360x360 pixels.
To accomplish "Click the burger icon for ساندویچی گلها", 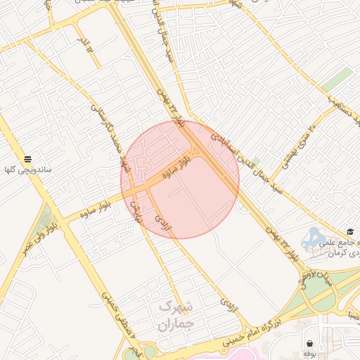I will tap(27, 159).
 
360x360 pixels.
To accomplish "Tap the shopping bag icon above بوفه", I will tap(310, 343).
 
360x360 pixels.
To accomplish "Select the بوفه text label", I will tap(310, 355).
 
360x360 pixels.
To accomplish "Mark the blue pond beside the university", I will tap(311, 239).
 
